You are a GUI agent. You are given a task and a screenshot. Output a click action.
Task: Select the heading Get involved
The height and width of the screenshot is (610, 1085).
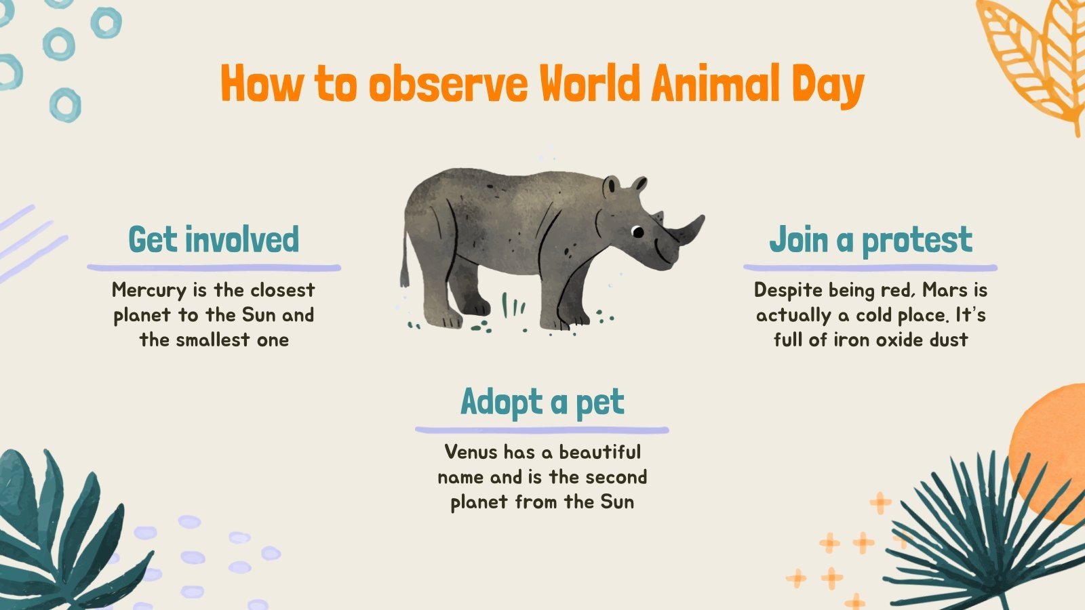[214, 239]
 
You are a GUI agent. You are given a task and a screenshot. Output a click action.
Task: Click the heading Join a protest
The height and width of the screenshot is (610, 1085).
[870, 239]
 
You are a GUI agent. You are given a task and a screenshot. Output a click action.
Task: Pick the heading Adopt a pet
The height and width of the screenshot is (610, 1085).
[542, 401]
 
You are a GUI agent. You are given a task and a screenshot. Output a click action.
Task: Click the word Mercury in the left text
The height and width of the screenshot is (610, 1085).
[149, 290]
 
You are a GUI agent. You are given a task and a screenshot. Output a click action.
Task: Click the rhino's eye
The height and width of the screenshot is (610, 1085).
[637, 232]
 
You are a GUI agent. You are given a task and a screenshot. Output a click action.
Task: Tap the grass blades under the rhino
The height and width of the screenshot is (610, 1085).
[513, 304]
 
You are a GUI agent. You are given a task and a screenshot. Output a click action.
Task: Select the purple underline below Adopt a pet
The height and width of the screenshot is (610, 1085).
[542, 430]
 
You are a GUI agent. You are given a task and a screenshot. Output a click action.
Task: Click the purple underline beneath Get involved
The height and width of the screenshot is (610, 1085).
[214, 268]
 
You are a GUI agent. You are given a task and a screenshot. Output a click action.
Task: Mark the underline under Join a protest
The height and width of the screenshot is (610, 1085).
[870, 268]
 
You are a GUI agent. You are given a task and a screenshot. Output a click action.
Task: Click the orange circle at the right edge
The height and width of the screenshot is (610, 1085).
[1051, 441]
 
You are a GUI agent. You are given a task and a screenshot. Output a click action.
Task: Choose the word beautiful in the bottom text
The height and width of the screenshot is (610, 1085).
[600, 452]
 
